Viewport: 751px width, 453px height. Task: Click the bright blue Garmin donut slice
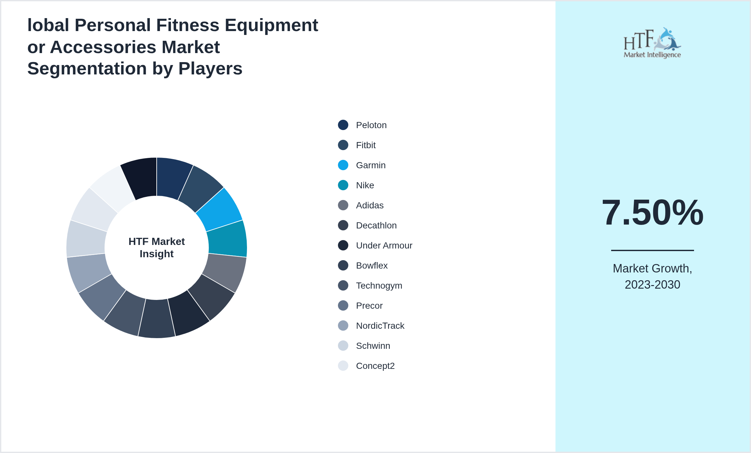coord(220,209)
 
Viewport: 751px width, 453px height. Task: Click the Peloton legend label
coord(371,125)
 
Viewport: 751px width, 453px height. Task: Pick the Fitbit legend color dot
coord(343,145)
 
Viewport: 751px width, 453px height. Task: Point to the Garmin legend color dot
coord(343,165)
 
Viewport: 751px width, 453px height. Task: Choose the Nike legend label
coord(365,185)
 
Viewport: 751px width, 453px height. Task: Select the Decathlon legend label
coord(376,226)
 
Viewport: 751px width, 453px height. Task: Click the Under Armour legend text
coord(384,246)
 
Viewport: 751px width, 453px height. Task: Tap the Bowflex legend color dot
coord(343,265)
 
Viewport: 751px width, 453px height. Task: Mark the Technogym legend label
coord(379,286)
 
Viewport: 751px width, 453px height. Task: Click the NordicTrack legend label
coord(380,326)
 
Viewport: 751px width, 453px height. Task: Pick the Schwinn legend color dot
coord(343,346)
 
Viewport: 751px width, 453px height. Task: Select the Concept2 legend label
coord(375,366)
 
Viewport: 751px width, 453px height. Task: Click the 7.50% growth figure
coord(652,213)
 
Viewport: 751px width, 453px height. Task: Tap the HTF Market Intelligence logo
coord(652,43)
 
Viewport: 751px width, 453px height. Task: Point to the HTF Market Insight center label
coord(157,248)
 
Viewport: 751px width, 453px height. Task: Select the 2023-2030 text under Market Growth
coord(652,285)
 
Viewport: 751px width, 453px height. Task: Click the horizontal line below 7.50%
coord(652,250)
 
